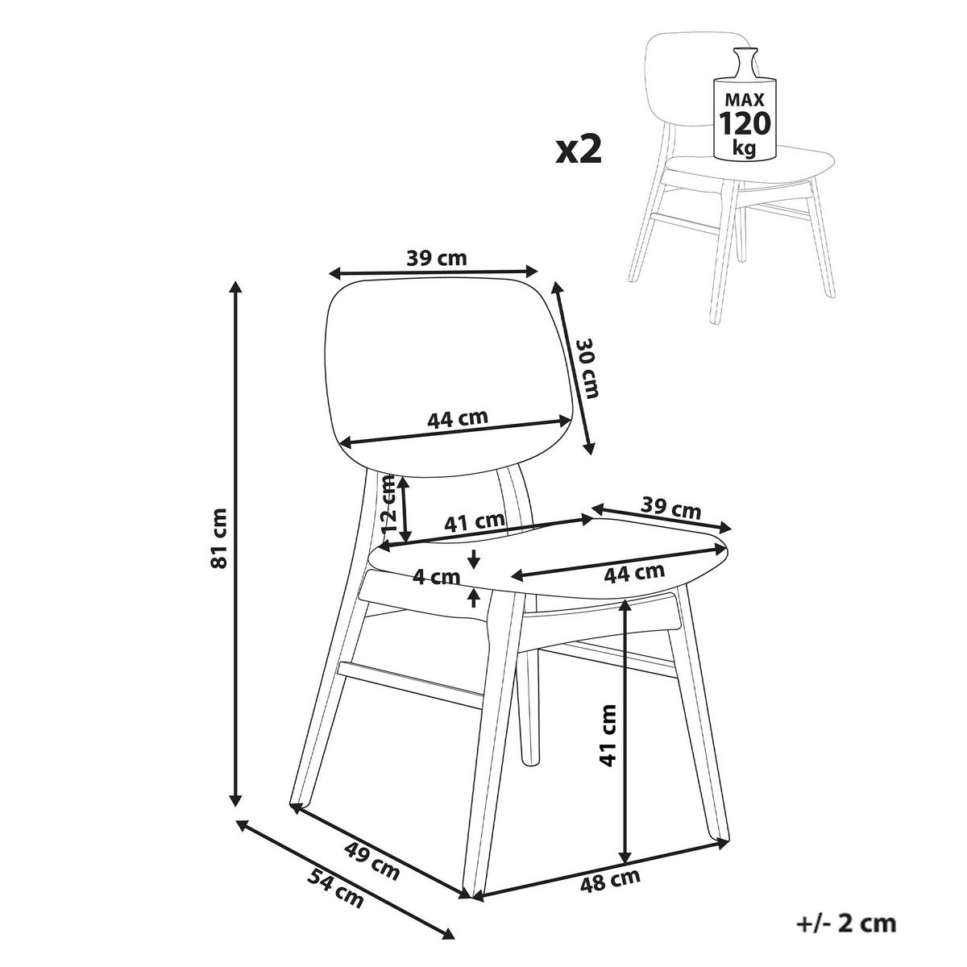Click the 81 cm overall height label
[x=219, y=538]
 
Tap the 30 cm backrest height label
[x=588, y=369]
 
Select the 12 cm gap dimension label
[x=390, y=505]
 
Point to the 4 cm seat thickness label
[x=437, y=578]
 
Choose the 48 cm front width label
[x=610, y=880]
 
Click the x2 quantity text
[x=579, y=150]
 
